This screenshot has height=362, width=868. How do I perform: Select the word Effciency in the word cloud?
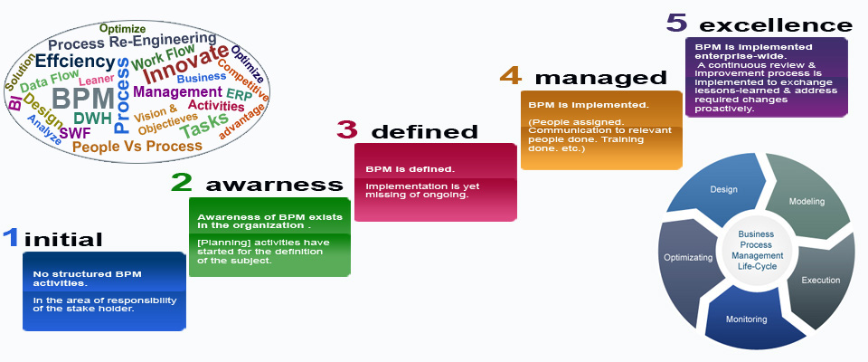tap(75, 62)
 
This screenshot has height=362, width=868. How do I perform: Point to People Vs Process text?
tap(137, 147)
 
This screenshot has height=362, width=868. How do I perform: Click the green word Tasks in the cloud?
tap(204, 126)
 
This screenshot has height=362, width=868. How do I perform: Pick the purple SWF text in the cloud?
tap(75, 134)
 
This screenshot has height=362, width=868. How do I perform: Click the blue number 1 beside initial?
tap(11, 238)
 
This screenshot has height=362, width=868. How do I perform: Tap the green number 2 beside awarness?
tap(181, 182)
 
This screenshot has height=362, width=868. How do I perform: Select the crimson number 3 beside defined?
tap(347, 129)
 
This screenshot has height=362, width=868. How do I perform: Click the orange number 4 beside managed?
tap(511, 75)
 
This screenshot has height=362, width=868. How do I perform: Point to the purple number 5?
tap(676, 23)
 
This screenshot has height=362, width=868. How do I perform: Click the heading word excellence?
tap(776, 25)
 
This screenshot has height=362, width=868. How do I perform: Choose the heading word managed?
tap(600, 78)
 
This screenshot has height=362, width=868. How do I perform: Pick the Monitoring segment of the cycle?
tap(748, 319)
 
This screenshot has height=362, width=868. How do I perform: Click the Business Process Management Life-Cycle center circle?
tap(757, 251)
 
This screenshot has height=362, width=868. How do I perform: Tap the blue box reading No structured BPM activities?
tap(105, 291)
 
